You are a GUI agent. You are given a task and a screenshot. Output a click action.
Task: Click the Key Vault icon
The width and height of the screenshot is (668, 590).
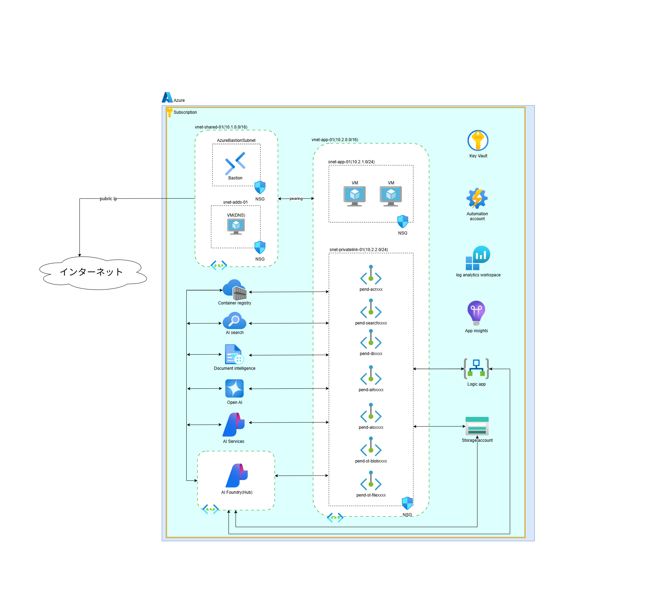click(x=478, y=141)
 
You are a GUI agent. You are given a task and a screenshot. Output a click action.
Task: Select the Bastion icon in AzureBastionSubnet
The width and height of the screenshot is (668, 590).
click(x=235, y=163)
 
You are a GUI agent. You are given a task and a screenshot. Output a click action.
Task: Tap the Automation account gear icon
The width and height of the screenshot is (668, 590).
click(x=477, y=198)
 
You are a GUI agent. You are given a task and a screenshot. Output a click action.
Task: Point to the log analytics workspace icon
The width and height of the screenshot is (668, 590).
click(x=478, y=258)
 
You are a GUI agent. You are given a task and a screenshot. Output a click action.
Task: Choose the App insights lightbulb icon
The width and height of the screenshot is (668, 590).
click(x=476, y=313)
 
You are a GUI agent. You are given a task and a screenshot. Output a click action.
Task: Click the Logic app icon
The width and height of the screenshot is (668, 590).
click(x=476, y=369)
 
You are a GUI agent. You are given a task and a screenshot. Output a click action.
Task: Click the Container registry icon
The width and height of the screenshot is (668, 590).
click(x=235, y=290)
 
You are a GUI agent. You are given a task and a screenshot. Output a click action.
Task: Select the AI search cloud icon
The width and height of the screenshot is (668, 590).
click(x=235, y=321)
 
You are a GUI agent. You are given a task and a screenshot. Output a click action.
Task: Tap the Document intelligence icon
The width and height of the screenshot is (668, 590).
click(x=234, y=354)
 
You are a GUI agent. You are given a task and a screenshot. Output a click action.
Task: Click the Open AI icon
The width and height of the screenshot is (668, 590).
click(x=235, y=388)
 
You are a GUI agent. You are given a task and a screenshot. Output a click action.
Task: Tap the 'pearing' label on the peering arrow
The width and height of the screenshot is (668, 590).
click(x=296, y=199)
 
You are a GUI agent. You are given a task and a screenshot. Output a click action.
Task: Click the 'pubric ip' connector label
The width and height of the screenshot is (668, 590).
click(x=108, y=199)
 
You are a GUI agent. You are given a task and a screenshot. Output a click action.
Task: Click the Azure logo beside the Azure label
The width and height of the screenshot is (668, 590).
click(x=167, y=97)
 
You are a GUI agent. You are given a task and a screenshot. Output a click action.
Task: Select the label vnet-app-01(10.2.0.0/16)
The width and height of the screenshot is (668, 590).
click(x=335, y=140)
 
